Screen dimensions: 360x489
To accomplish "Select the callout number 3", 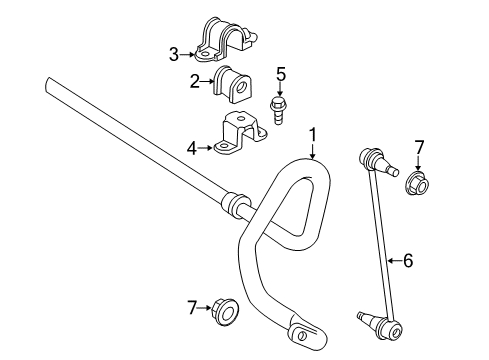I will (174, 54).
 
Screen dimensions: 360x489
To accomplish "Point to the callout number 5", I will (281, 73).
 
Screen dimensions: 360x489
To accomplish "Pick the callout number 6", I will (407, 261).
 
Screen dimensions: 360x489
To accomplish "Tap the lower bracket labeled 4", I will (239, 138).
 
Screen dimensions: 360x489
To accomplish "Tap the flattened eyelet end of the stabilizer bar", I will (301, 329).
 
